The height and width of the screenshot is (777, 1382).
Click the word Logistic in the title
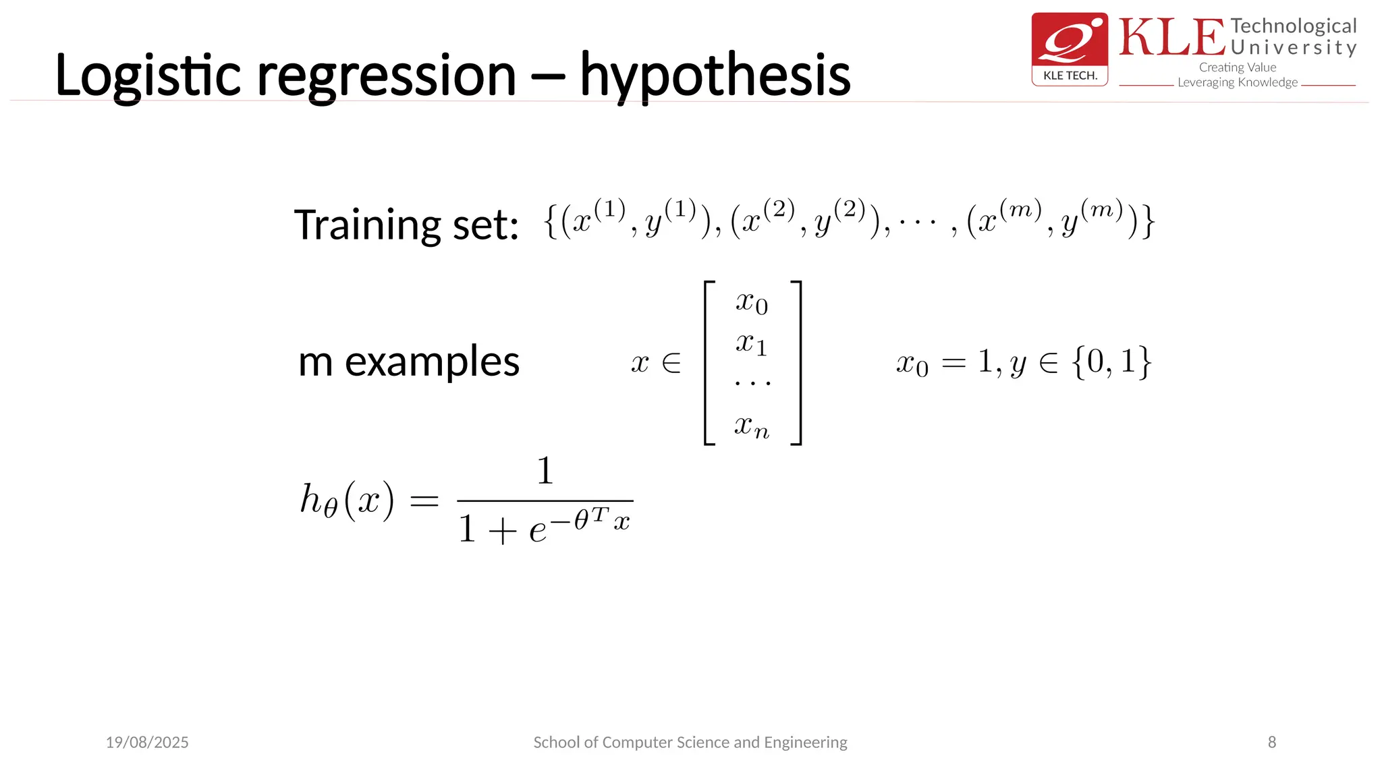click(x=147, y=76)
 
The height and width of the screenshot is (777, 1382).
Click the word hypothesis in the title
click(x=715, y=76)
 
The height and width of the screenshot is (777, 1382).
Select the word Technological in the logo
click(x=1293, y=26)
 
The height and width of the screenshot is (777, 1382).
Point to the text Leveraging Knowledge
click(x=1238, y=82)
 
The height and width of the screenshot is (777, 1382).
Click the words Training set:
click(x=406, y=225)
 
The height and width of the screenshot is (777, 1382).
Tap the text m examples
click(x=409, y=362)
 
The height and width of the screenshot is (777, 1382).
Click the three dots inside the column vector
click(x=752, y=383)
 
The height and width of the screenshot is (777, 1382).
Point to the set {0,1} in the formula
click(x=1111, y=362)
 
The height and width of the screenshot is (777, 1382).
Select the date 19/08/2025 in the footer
click(x=147, y=742)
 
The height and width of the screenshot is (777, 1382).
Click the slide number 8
click(x=1271, y=742)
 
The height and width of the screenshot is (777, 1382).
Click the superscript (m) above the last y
click(x=1101, y=210)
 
